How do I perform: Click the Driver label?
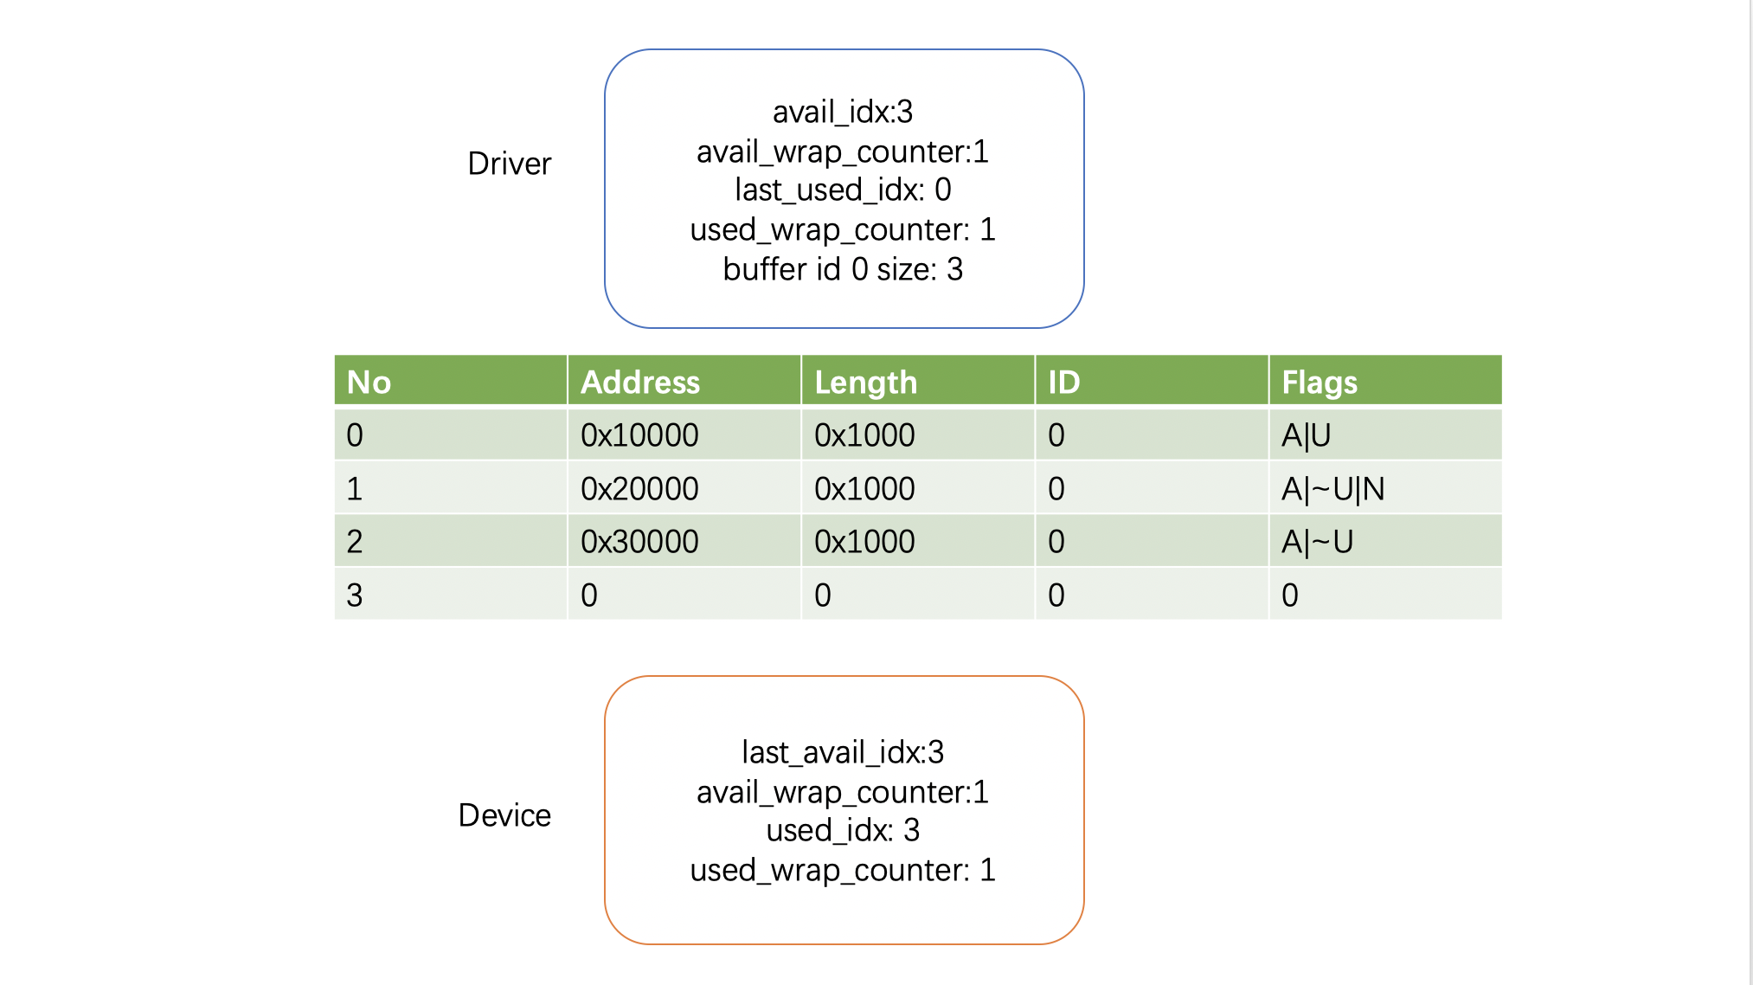click(x=509, y=164)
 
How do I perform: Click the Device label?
click(x=504, y=815)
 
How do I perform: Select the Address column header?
click(x=639, y=382)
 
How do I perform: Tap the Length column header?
click(x=865, y=383)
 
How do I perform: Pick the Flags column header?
click(x=1320, y=383)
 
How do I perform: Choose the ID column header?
click(x=1063, y=382)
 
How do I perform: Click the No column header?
click(x=369, y=382)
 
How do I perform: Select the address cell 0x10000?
click(x=639, y=435)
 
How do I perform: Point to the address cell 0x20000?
click(x=639, y=488)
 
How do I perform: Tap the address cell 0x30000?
click(x=639, y=542)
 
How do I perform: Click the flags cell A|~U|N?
click(x=1332, y=489)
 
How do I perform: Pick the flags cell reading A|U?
click(x=1306, y=435)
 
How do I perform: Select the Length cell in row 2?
click(x=864, y=542)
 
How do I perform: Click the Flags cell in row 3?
click(x=1289, y=596)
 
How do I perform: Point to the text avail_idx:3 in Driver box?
click(x=843, y=112)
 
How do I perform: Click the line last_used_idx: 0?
click(x=843, y=190)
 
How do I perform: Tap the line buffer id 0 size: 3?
click(x=843, y=269)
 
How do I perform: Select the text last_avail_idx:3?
click(x=843, y=752)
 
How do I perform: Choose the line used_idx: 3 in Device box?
click(x=843, y=830)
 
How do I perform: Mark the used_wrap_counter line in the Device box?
click(x=843, y=870)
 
